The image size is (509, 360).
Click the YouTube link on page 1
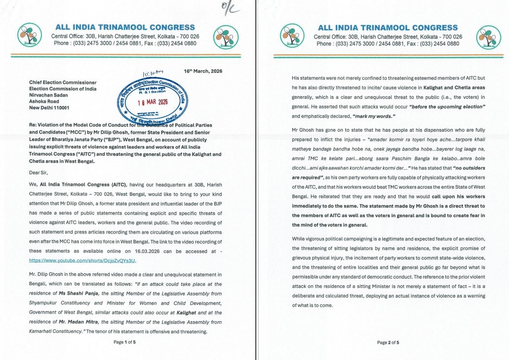[83, 260]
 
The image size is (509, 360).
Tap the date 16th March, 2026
[203, 71]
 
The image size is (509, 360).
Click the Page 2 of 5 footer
[388, 342]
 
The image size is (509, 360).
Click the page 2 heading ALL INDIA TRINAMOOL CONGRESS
[388, 28]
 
